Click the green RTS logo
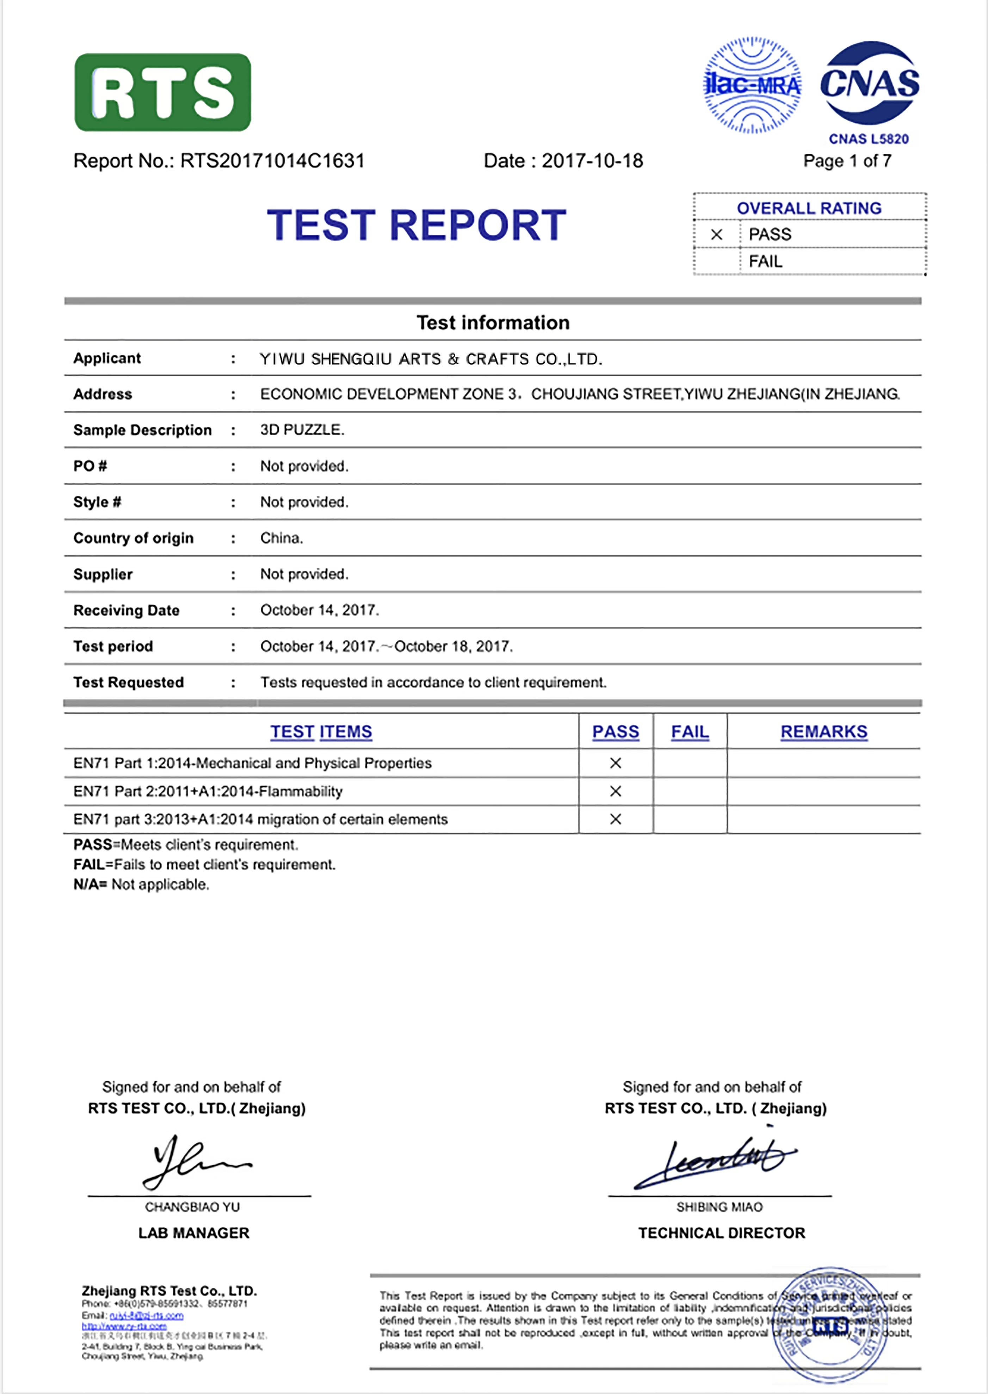162,92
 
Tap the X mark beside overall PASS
717,234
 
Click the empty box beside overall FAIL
717,261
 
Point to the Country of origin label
133,538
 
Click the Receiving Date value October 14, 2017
319,610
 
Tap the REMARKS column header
824,732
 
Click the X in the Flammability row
616,791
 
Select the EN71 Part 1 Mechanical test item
253,763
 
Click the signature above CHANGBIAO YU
193,1161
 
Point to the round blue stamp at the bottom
830,1325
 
